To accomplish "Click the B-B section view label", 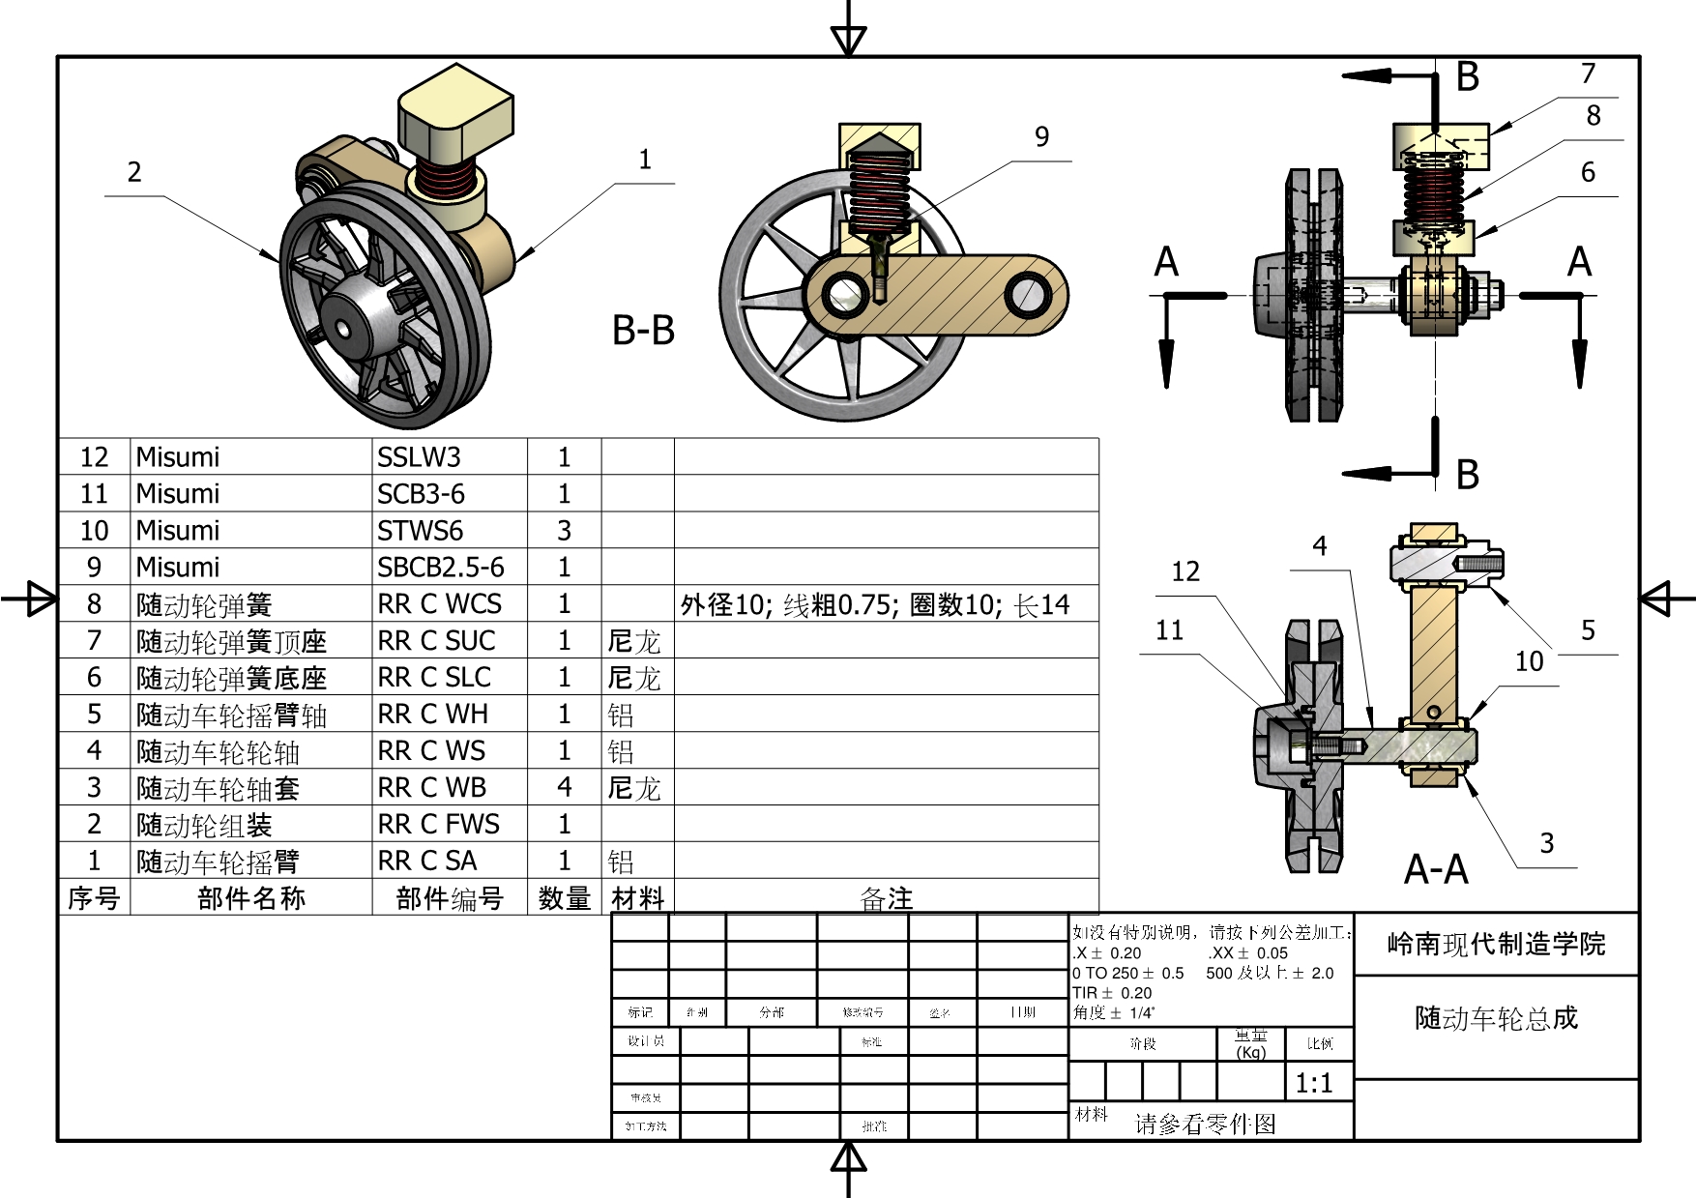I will tap(643, 331).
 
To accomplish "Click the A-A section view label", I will tap(1436, 869).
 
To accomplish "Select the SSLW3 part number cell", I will tap(419, 456).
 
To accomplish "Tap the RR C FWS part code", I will tap(438, 824).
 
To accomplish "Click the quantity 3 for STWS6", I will tap(564, 530).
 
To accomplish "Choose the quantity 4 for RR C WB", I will tap(564, 787).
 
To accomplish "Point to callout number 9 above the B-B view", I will tap(1041, 137).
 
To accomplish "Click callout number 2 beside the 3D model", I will tap(134, 172).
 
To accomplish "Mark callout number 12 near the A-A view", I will tap(1185, 571).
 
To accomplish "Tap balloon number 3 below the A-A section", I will tap(1547, 843).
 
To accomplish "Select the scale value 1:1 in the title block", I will tap(1314, 1083).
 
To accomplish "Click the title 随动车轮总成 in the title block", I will tap(1496, 1018).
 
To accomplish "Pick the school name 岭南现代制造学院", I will tap(1496, 944).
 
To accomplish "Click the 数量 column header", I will tap(564, 898).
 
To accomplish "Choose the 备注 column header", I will tap(886, 898).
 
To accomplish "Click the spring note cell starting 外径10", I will tap(875, 605).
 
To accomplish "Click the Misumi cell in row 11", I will tap(178, 493).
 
